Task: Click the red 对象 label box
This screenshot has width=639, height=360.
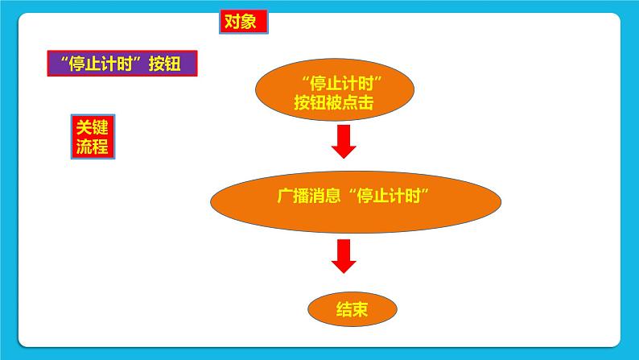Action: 243,22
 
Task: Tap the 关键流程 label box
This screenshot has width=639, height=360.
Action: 91,136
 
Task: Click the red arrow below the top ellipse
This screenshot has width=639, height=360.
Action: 344,142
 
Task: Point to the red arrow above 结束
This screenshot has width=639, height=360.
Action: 344,256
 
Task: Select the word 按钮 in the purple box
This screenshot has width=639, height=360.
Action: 167,64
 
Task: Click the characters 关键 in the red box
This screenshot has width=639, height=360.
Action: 91,126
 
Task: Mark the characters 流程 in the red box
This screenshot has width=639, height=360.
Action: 91,146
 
